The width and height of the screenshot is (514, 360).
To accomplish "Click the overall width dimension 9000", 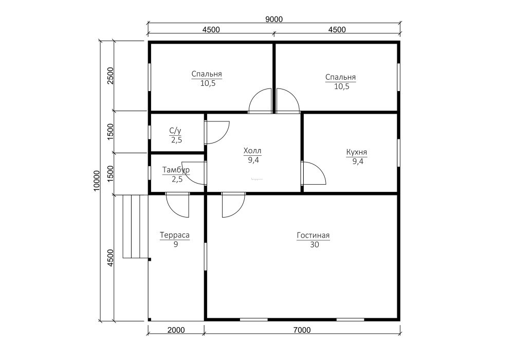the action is [274, 20].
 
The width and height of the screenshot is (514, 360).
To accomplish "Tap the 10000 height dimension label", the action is [97, 181].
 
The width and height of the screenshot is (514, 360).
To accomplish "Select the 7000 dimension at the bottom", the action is [302, 330].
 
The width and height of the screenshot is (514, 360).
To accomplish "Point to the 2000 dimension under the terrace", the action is [176, 330].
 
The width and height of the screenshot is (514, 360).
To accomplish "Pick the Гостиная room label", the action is [313, 236].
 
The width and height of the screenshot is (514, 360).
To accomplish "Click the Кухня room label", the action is [357, 152].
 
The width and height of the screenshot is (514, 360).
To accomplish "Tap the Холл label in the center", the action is [252, 151].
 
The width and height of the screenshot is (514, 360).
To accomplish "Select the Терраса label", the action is [175, 235].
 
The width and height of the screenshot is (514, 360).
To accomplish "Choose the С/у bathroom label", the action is [175, 131].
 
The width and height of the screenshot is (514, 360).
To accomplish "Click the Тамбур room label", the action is [176, 170].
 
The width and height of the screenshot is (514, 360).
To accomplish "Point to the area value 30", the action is [315, 245].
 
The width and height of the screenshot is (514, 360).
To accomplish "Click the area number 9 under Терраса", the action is [176, 244].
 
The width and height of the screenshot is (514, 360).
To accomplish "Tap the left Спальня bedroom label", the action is [207, 74].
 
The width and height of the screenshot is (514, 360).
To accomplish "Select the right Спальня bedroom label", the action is [341, 77].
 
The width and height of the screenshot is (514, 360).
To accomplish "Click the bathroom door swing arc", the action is [224, 137].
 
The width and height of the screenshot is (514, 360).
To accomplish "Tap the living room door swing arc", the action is [240, 210].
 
